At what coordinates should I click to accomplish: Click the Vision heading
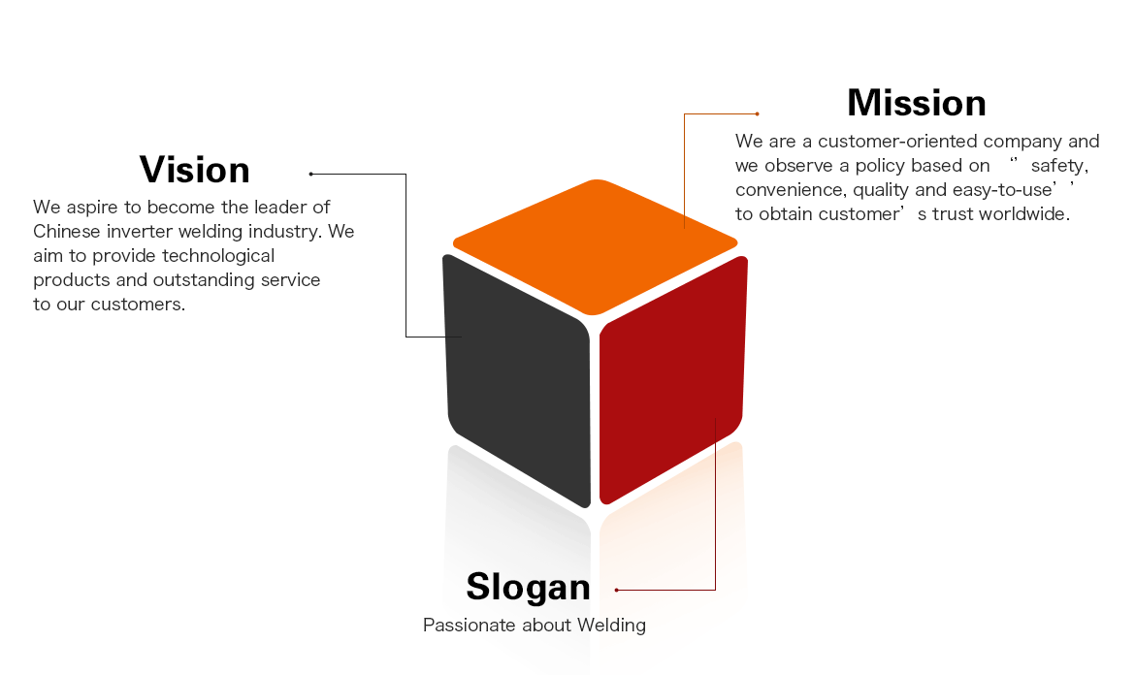[x=194, y=170]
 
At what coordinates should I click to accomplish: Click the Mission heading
[x=916, y=103]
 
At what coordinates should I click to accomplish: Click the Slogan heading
[x=528, y=587]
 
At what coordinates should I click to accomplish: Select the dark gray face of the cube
[x=516, y=378]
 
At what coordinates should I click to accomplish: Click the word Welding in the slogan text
[x=611, y=626]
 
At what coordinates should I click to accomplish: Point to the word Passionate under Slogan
[x=469, y=626]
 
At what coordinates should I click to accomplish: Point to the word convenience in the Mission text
[x=789, y=190]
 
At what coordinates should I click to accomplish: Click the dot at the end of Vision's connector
[x=310, y=175]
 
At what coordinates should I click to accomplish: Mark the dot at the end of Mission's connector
[x=758, y=113]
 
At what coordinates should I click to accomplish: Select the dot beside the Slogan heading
[x=616, y=590]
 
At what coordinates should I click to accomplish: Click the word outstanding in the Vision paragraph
[x=213, y=280]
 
